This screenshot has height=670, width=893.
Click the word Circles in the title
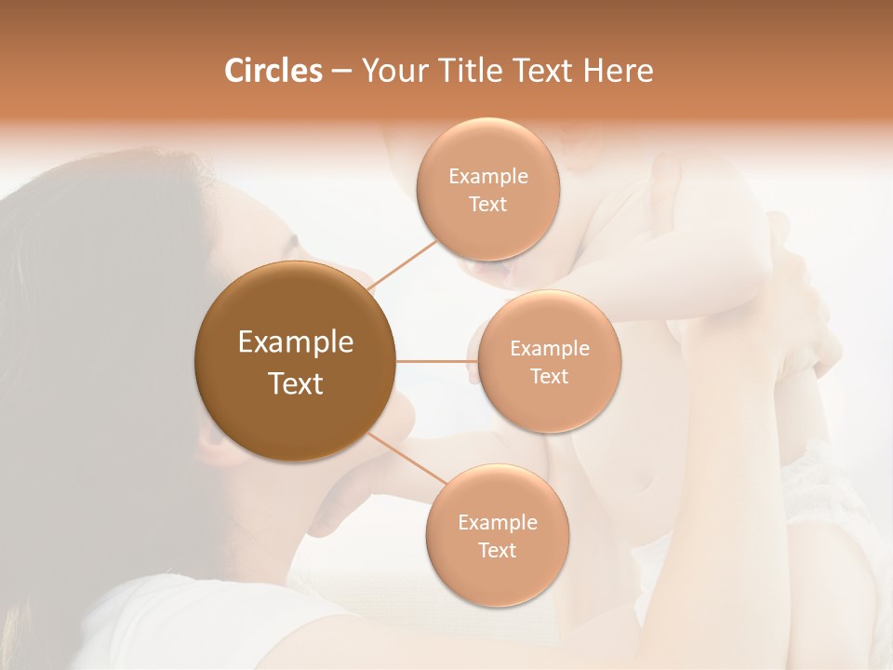coord(273,71)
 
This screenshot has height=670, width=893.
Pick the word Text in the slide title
coord(552,71)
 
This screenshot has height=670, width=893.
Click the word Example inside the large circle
coord(295,342)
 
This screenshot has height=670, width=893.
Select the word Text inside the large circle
coord(295,383)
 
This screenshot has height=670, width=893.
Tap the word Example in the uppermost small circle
coord(487,177)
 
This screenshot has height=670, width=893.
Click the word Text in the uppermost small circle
coord(487,205)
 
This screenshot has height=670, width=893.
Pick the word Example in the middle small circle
coord(549,349)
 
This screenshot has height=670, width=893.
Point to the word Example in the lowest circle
coord(497,523)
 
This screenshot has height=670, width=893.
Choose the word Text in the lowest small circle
coord(497,551)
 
